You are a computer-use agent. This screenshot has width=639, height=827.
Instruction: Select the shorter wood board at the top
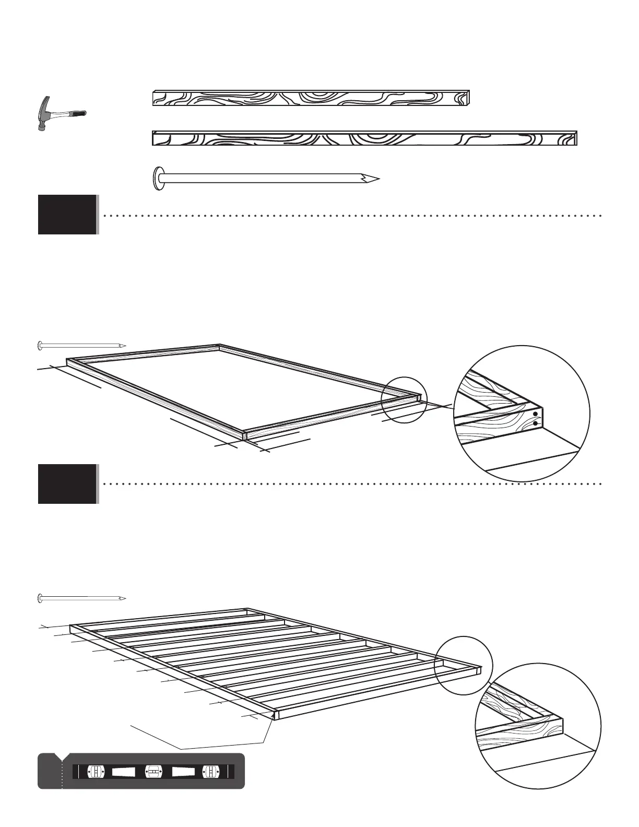(x=311, y=98)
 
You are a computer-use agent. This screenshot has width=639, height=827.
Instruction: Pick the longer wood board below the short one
(x=364, y=138)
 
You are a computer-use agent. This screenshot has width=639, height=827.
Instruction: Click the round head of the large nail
(x=157, y=179)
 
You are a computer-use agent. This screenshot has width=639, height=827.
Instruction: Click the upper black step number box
(x=67, y=215)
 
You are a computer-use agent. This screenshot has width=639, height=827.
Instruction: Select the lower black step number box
(x=67, y=484)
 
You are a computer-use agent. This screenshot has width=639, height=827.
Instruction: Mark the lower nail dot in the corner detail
(x=535, y=423)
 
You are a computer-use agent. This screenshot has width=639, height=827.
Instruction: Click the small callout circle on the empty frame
(x=404, y=400)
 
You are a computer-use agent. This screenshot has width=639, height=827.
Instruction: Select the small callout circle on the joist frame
(x=464, y=666)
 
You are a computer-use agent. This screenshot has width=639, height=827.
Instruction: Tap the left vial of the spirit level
(x=97, y=771)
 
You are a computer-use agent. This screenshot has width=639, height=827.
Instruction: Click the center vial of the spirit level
(x=153, y=771)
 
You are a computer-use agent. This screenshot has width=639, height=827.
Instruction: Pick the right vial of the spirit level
(x=210, y=771)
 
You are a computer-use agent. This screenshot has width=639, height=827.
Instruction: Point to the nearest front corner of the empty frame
(x=244, y=434)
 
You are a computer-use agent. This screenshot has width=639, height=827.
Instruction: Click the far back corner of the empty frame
(x=219, y=345)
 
